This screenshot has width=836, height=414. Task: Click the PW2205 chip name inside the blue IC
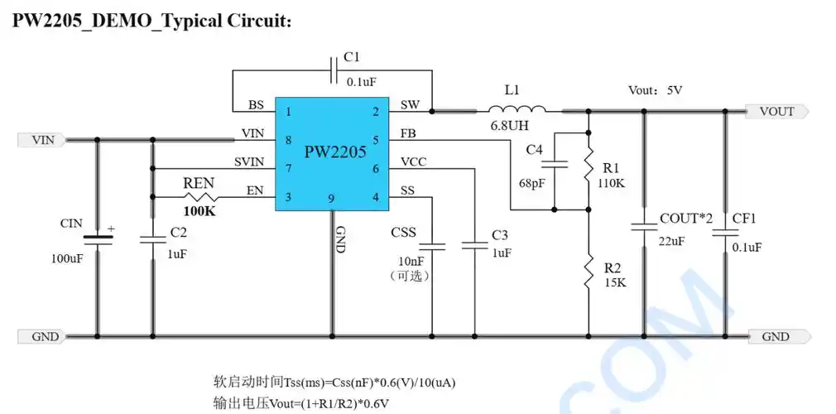(x=335, y=152)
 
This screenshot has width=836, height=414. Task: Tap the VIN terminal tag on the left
(x=41, y=140)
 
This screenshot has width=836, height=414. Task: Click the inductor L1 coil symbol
(x=516, y=109)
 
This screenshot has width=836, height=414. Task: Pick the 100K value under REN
(x=199, y=213)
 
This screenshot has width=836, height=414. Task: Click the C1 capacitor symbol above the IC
(x=334, y=71)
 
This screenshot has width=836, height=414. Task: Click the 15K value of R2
(x=615, y=282)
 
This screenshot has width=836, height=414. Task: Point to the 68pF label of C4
(x=531, y=183)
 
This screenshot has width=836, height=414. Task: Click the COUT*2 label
(x=686, y=219)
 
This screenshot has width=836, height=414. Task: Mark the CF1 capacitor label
(x=744, y=219)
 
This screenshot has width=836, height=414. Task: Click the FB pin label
(x=408, y=133)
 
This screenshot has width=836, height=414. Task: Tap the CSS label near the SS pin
(x=403, y=232)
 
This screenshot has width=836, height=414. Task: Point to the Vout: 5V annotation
(x=655, y=90)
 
